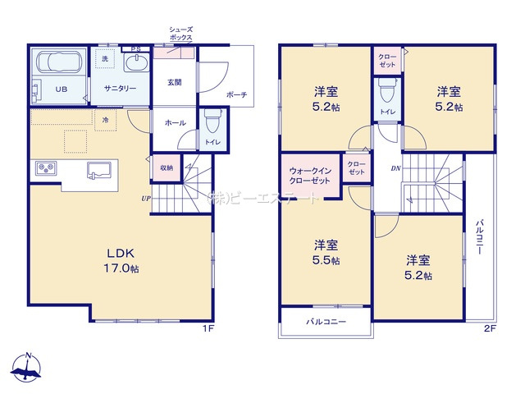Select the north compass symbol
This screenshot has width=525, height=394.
click(x=29, y=370)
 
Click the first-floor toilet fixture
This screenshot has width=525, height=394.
click(x=212, y=123)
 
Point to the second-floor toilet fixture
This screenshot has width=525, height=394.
click(x=386, y=89)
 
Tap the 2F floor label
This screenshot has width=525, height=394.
click(x=490, y=329)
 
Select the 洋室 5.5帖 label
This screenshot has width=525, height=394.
click(x=326, y=252)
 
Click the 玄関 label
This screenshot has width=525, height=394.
click(x=175, y=81)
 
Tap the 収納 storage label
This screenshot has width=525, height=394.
click(x=167, y=167)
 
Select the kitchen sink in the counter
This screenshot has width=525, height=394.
click(x=100, y=170)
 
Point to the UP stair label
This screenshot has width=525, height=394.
click(x=145, y=199)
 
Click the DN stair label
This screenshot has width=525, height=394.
click(x=395, y=170)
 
